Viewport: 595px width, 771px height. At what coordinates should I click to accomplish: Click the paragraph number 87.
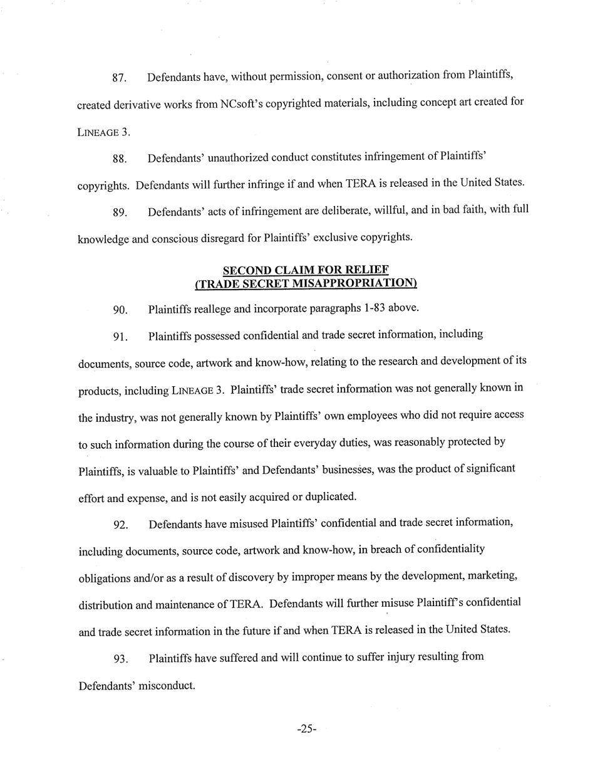119,79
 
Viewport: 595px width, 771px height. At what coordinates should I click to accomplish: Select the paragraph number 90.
120,310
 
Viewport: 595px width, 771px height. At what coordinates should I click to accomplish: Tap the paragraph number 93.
120,659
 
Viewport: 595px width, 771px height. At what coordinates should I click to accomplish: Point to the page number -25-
306,729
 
